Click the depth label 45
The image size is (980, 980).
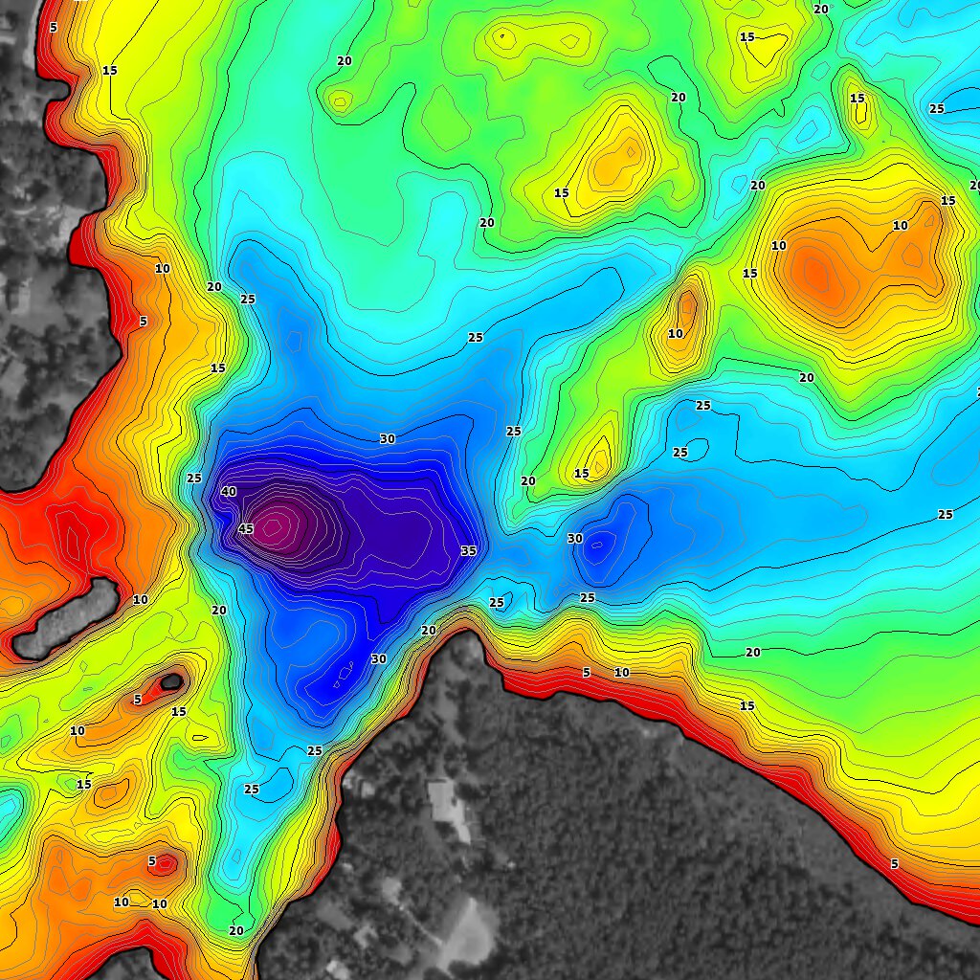point(245,528)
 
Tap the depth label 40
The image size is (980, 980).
point(229,491)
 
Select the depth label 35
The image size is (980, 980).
point(468,551)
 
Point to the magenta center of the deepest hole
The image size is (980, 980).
point(275,524)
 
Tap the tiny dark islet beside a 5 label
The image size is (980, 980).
point(171,681)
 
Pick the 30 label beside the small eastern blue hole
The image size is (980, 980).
point(574,539)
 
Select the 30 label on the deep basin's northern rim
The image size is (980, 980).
point(387,438)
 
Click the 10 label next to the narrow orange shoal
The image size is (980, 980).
point(676,334)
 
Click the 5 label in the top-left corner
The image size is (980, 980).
point(53,27)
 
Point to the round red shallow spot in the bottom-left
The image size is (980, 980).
point(165,864)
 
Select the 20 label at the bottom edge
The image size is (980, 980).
point(236,930)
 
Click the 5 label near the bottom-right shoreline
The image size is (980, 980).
point(895,864)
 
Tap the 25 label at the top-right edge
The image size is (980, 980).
point(936,108)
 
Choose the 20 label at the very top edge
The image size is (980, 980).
point(821,9)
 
